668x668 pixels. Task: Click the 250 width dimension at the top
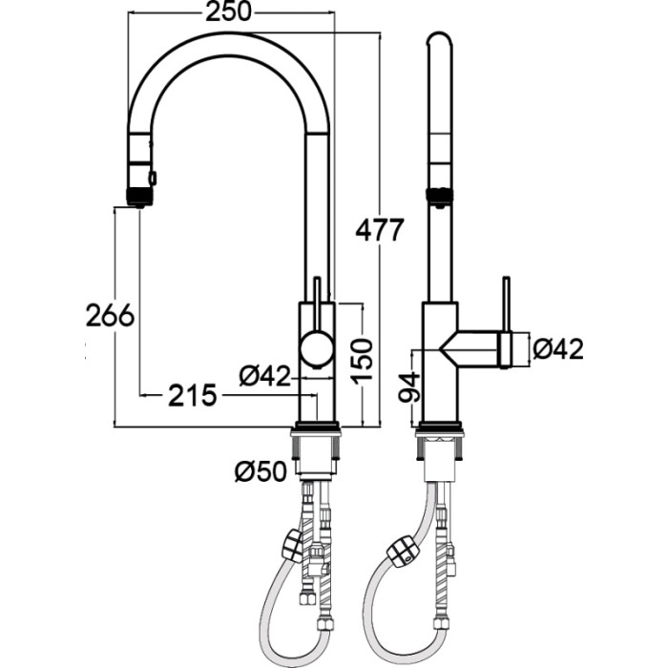(x=229, y=11)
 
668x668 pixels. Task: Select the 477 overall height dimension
(x=379, y=230)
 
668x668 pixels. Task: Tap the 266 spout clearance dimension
(x=111, y=316)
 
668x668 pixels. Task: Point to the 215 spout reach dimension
(x=193, y=395)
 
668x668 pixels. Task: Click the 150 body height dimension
(x=362, y=360)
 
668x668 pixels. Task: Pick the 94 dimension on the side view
(x=409, y=386)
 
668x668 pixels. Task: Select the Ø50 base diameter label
(x=261, y=471)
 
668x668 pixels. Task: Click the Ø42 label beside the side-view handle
(x=557, y=348)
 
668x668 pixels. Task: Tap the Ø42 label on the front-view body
(x=264, y=376)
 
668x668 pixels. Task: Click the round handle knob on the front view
(x=316, y=348)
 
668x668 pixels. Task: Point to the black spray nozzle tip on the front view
(x=139, y=197)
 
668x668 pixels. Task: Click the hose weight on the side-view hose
(x=402, y=552)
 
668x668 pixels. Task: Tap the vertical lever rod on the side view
(x=506, y=321)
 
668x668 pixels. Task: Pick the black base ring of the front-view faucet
(x=316, y=426)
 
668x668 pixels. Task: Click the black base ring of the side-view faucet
(x=440, y=426)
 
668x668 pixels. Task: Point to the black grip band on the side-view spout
(x=439, y=195)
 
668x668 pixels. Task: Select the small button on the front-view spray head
(x=153, y=177)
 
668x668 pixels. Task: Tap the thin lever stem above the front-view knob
(x=317, y=303)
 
